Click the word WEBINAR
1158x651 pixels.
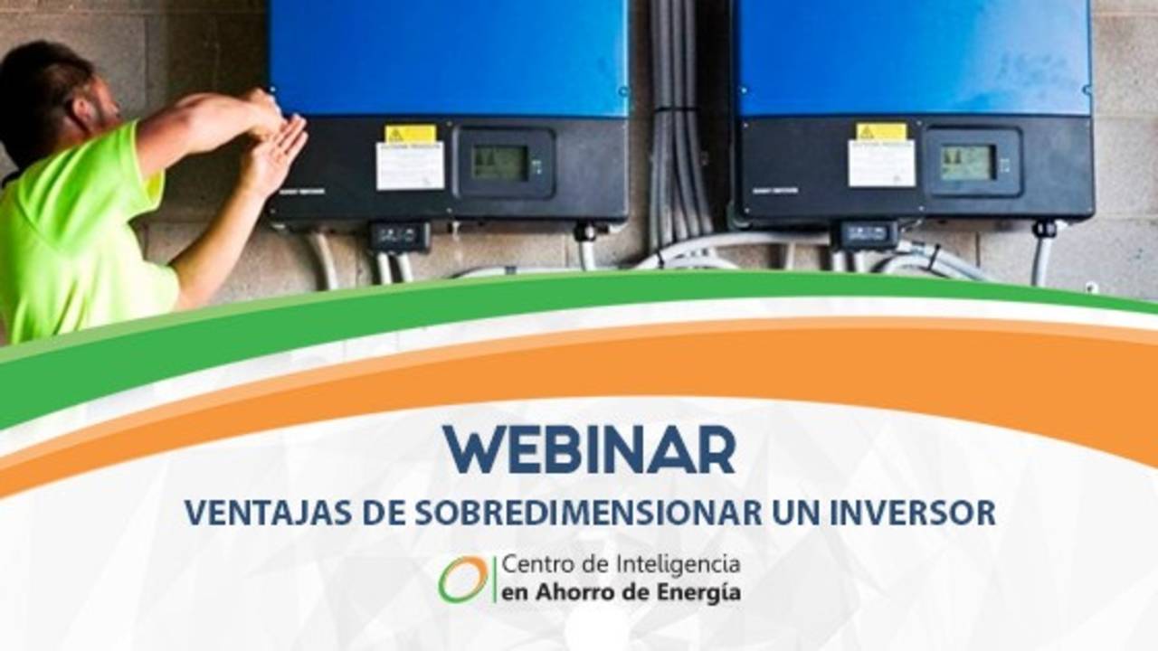click(589, 449)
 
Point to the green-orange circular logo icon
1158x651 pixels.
click(463, 579)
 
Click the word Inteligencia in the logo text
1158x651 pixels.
click(686, 565)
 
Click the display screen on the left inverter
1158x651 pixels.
click(499, 163)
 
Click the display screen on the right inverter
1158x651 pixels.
click(967, 163)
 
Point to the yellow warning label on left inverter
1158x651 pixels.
click(410, 133)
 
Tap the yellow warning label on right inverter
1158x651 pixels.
click(881, 131)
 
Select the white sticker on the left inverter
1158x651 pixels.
click(410, 165)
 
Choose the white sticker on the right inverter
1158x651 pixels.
click(881, 163)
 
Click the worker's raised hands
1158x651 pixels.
click(276, 136)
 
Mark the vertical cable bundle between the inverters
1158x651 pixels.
click(679, 127)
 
